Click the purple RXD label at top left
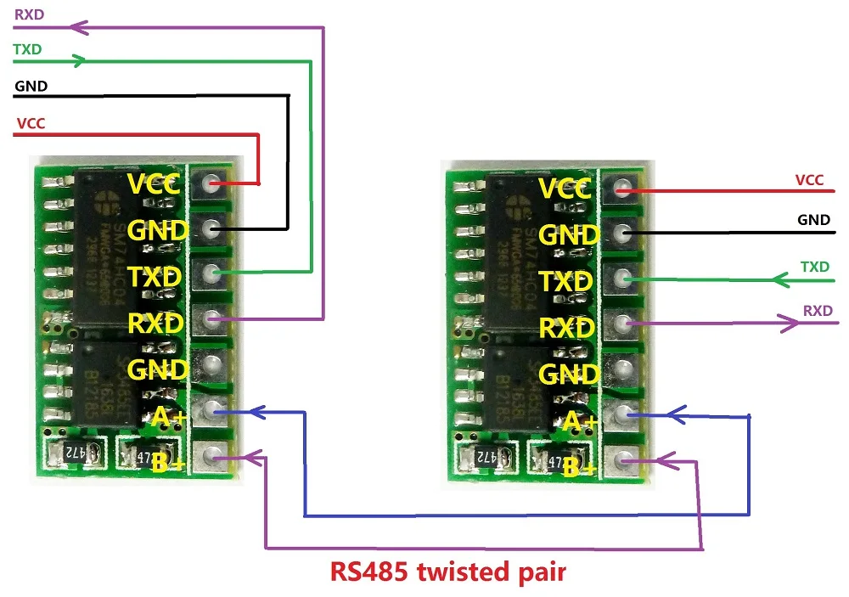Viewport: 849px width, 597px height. pyautogui.click(x=29, y=14)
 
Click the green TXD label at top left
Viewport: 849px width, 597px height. pyautogui.click(x=27, y=49)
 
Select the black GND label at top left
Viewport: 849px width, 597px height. pyautogui.click(x=31, y=86)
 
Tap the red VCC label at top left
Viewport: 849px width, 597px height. pyautogui.click(x=31, y=123)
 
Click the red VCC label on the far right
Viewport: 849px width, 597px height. pyautogui.click(x=809, y=180)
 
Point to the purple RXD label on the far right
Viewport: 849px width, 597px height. pyautogui.click(x=818, y=311)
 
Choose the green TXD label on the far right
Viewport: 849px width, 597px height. pyautogui.click(x=815, y=267)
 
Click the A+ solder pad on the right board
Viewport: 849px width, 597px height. pyautogui.click(x=624, y=414)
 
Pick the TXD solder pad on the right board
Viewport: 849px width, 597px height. pyautogui.click(x=624, y=279)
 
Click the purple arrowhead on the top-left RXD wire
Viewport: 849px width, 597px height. pyautogui.click(x=79, y=27)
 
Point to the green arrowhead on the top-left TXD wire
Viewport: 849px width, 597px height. pyautogui.click(x=78, y=61)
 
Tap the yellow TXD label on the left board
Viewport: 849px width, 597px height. pyautogui.click(x=154, y=277)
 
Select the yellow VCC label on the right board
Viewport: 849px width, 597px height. pyautogui.click(x=565, y=189)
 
